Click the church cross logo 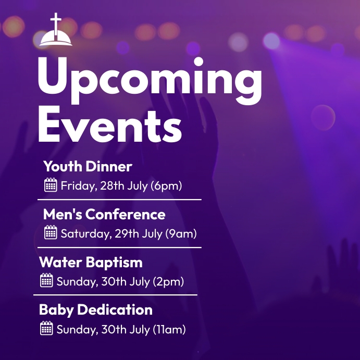(56, 31)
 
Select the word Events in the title (109, 126)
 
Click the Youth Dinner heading (88, 167)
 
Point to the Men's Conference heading (104, 214)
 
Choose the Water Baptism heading (91, 262)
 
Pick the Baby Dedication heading (96, 309)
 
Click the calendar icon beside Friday (51, 185)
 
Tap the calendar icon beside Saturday (51, 233)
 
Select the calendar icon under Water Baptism (46, 281)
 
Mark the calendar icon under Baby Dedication (46, 329)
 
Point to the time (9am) (181, 233)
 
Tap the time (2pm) (168, 281)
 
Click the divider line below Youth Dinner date (119, 199)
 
